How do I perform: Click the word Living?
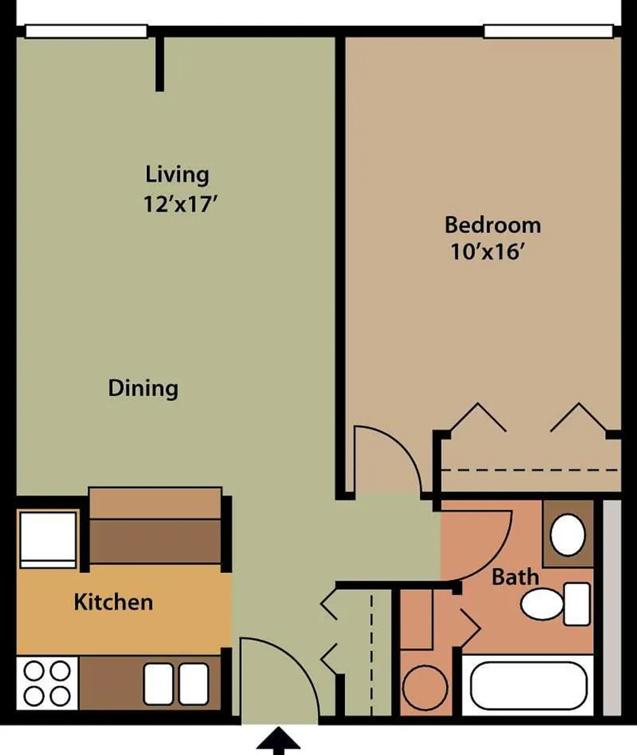point(177,175)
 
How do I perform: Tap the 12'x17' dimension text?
point(180,204)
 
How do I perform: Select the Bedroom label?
point(493,225)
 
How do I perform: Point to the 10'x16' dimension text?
point(488,252)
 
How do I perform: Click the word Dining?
point(143,389)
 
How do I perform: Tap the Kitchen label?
point(114,602)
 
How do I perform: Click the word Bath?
point(515,577)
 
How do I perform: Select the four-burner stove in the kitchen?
point(47,683)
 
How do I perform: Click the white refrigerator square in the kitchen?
point(48,540)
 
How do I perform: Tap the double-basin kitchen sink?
point(176,684)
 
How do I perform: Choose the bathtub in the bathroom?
point(528,686)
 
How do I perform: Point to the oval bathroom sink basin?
point(568,535)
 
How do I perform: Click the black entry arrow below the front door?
point(278,740)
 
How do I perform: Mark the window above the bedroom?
point(549,31)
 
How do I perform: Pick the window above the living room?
point(87,31)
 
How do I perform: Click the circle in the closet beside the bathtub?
point(425,688)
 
